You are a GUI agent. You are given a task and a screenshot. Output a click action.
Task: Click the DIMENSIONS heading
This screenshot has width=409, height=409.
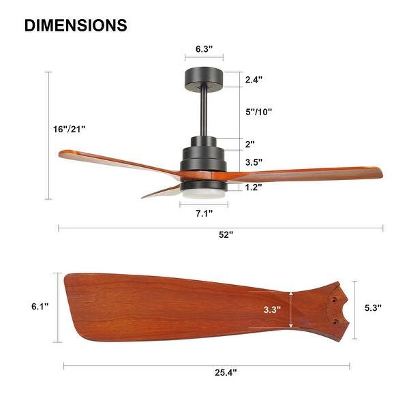point(76,25)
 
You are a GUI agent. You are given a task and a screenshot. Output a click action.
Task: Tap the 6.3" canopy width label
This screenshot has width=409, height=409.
point(204,49)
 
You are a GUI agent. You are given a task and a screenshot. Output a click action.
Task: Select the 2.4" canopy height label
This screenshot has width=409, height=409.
point(254,80)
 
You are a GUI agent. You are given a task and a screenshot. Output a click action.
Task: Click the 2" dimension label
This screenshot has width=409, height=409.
point(249,144)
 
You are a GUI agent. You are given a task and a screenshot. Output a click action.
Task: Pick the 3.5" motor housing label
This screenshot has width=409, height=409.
point(254,162)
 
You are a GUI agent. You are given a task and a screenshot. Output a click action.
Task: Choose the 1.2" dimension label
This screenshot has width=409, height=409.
point(254,187)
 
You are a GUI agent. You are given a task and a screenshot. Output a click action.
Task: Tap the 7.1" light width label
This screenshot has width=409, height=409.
point(203,213)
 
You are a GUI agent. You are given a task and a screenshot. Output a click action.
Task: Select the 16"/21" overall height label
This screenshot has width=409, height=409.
point(69,128)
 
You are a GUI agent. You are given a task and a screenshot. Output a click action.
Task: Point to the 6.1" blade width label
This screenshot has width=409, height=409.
point(40,307)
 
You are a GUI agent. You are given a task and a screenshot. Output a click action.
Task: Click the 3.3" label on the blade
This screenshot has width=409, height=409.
point(273,309)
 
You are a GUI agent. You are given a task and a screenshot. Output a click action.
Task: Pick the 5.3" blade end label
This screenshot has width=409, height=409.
point(372,307)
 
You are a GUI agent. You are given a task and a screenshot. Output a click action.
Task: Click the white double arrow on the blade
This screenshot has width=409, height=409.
point(292,309)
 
